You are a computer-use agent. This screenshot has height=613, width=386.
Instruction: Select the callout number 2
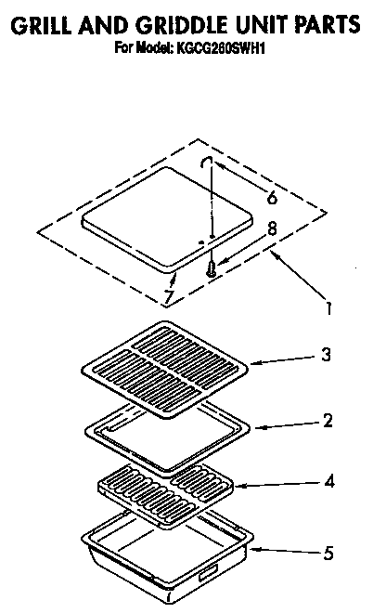(x=327, y=421)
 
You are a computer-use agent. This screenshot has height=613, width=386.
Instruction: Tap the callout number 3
(x=326, y=355)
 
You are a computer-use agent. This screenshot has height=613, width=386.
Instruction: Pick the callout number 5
(x=327, y=554)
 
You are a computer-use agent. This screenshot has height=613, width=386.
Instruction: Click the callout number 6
(x=271, y=197)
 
